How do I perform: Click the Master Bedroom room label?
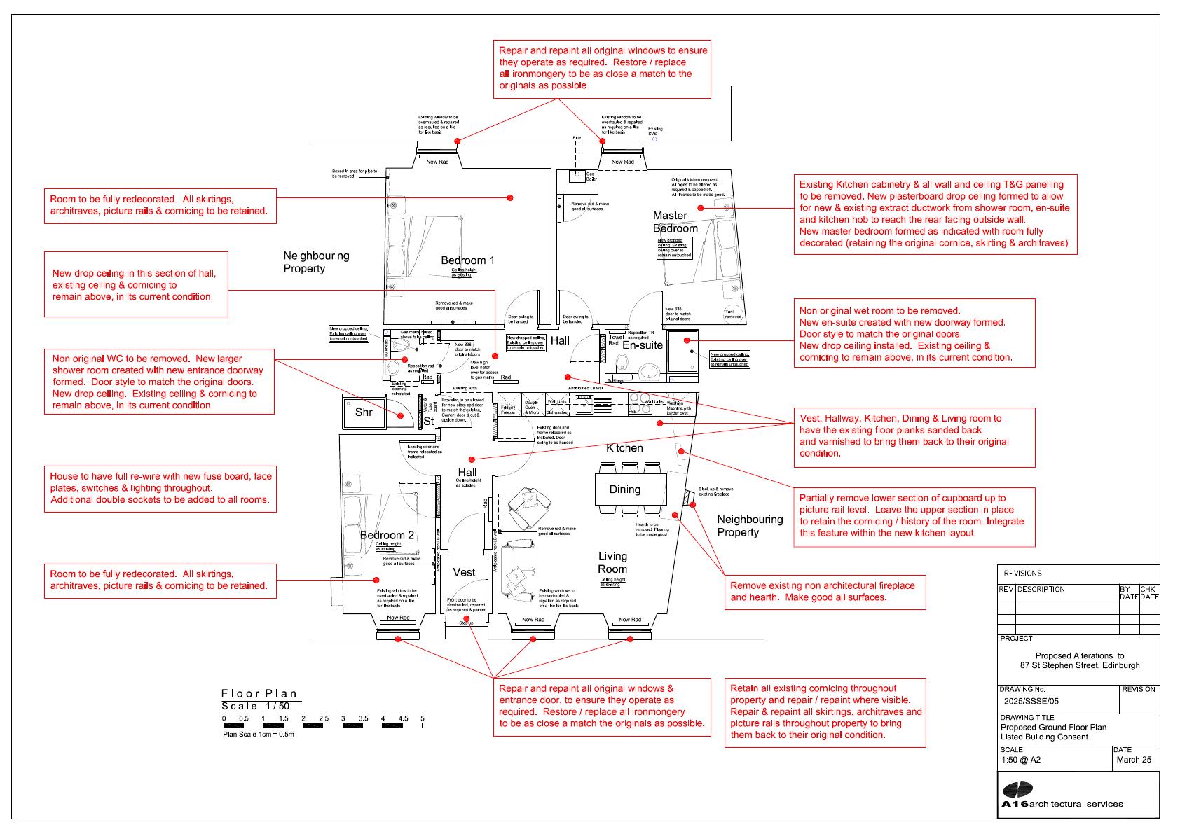coord(675,222)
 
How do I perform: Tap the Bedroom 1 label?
coord(467,260)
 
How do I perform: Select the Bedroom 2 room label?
coord(387,535)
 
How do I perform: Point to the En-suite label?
coord(642,345)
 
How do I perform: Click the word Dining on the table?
coord(624,489)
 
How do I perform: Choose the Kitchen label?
coord(624,448)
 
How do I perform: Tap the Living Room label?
coord(612,562)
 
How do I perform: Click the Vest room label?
coord(464,572)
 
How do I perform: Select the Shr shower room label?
coord(364,412)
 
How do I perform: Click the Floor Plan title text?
coord(259,694)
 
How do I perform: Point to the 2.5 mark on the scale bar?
coord(323,718)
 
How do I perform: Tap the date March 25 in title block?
coord(1133,760)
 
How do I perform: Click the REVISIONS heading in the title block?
coord(1022,573)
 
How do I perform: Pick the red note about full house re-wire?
coord(160,487)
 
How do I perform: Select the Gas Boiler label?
coord(590,176)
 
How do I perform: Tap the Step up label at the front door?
coord(466,623)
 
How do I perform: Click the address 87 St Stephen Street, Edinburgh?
coord(1079,665)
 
